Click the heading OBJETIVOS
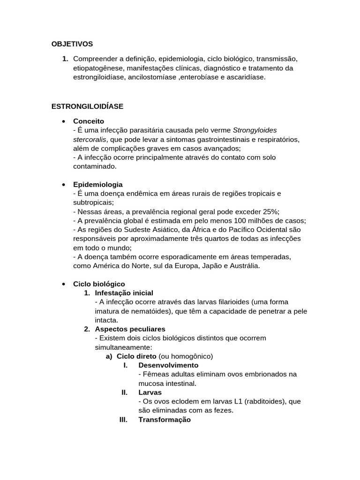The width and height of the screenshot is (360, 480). point(72,44)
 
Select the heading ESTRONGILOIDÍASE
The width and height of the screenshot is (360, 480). point(87,106)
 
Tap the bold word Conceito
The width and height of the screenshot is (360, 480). point(89,121)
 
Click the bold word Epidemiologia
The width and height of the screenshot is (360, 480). point(98,184)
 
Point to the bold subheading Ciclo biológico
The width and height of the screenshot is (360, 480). point(99,284)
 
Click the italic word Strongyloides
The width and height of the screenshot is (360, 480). point(255,130)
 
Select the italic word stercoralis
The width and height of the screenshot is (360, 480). point(90,139)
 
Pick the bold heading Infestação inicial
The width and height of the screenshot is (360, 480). point(124,293)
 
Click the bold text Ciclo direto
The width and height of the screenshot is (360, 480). point(136,356)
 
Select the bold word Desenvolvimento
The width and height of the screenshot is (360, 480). point(168,365)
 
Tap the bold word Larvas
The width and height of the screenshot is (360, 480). point(150,392)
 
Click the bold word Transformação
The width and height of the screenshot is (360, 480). point(165,420)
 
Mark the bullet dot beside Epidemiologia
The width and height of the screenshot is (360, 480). point(63,185)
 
